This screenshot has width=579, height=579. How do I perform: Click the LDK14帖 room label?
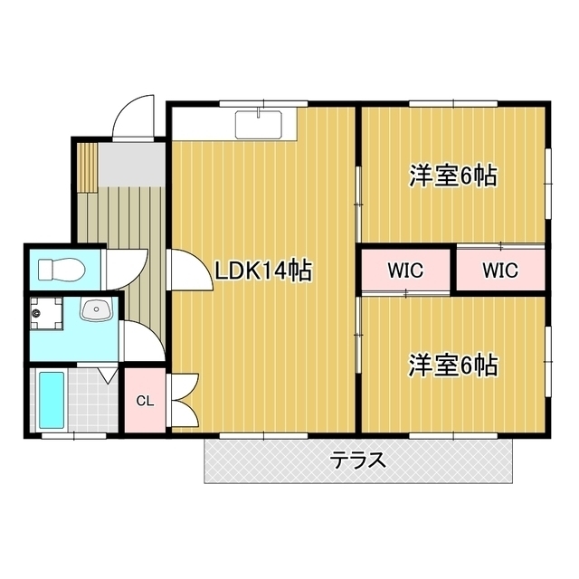point(263,271)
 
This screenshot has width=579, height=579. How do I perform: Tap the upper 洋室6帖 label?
point(452,176)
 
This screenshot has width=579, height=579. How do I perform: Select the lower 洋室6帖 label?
point(452,365)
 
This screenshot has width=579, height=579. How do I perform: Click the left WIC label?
point(405,271)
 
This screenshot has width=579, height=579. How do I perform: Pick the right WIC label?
point(500,271)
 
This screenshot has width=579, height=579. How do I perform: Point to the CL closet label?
point(145,401)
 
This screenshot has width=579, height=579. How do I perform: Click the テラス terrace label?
point(357,460)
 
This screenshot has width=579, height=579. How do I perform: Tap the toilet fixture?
point(62,270)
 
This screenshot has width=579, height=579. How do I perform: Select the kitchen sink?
point(259,124)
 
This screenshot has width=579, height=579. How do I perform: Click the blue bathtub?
point(52,401)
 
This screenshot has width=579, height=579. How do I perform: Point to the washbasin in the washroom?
point(97,309)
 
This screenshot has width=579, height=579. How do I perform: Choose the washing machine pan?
point(46,313)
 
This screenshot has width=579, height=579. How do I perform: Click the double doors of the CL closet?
point(185,401)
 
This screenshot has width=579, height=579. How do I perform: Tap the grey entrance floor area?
point(131,165)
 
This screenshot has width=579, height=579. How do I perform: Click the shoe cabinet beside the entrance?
point(88,166)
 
